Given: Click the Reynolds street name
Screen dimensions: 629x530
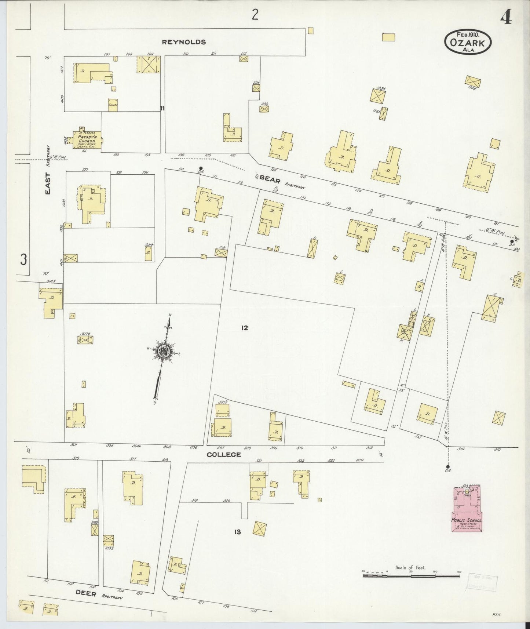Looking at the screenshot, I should [184, 42].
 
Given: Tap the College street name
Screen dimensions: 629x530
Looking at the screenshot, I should [224, 454].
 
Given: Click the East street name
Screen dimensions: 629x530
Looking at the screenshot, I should [48, 183].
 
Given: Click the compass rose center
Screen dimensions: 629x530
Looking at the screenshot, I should [163, 351].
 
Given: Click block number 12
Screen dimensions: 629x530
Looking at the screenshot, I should [245, 328].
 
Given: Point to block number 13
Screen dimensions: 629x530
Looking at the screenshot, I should [237, 531].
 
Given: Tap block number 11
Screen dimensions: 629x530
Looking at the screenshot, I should [162, 108].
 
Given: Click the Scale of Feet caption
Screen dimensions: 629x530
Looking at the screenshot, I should [410, 568].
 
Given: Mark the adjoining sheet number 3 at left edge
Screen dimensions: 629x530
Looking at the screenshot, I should [23, 260].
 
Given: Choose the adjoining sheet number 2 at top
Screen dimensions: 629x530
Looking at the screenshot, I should [255, 15].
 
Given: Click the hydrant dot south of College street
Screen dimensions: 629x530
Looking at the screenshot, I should [447, 467].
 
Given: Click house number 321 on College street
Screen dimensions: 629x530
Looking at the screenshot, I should [259, 461].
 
